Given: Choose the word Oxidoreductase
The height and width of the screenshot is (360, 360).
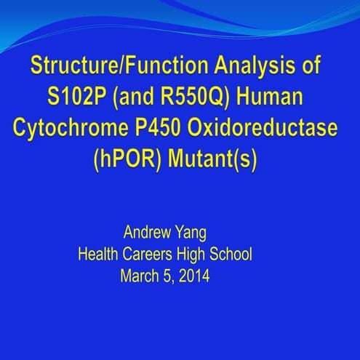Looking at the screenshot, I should (272, 127).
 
